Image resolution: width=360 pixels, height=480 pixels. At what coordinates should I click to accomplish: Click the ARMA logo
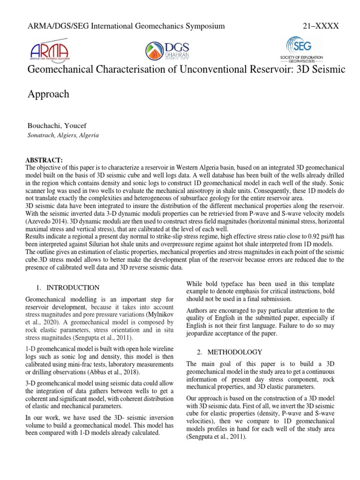[49, 50]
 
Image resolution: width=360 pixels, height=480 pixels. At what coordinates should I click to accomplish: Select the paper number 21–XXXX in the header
[321, 26]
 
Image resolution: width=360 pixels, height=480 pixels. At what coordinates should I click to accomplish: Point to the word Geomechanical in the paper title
[62, 69]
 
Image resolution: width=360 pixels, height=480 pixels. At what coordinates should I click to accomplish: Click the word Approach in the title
[49, 94]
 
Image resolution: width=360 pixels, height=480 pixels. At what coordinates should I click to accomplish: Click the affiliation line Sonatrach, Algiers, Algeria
[64, 135]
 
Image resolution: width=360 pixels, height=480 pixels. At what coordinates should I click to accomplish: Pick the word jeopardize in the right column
[203, 333]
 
